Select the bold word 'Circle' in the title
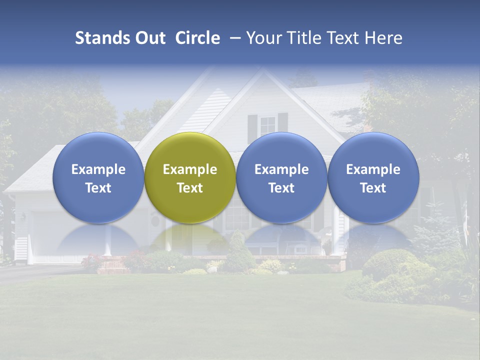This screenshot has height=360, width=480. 197,38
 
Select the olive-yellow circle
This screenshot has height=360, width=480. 190,177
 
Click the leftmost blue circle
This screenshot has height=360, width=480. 98,177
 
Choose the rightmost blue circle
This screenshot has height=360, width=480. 373,177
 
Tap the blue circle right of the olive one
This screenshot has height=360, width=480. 281,177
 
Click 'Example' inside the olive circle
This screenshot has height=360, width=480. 190,169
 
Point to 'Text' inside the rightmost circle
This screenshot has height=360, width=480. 373,188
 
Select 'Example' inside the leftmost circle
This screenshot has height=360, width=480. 98,169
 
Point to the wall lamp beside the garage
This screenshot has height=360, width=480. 23,217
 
